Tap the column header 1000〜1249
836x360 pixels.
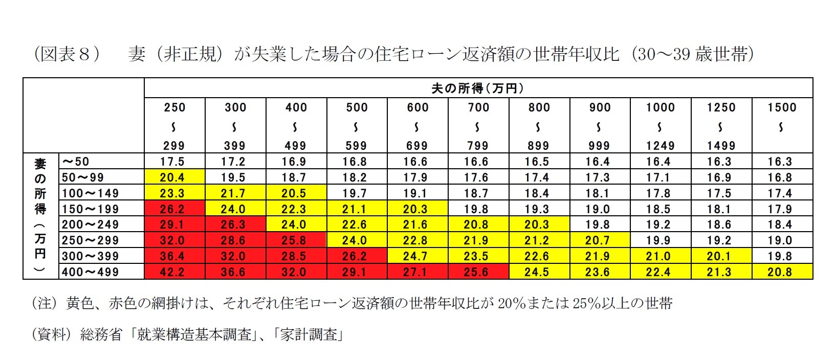660,126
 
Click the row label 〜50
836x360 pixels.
76,162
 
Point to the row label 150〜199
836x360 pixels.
90,209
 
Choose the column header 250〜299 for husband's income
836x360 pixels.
174,126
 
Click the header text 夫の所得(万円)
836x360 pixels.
478,88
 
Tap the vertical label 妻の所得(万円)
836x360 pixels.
40,216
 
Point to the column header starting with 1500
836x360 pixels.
782,118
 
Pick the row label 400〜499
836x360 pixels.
90,272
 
